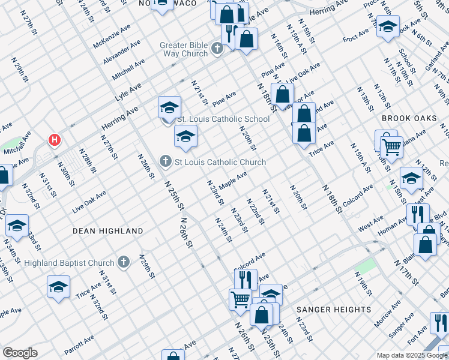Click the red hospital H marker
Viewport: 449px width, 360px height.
point(55,140)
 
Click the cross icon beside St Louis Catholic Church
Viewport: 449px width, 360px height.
point(166,162)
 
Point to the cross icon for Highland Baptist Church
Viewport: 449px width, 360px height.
point(124,262)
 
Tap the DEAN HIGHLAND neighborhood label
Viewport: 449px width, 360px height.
point(107,231)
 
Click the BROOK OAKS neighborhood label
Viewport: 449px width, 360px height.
point(409,118)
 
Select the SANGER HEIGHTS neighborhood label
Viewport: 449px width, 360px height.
point(334,309)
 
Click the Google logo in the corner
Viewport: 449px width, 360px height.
point(20,353)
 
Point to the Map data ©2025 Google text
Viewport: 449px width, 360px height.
point(412,355)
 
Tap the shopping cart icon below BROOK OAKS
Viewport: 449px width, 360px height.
point(391,146)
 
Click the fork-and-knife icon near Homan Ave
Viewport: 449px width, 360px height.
point(418,214)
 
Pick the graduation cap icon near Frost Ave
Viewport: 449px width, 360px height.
point(388,26)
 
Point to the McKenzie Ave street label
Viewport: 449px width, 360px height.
point(112,37)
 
